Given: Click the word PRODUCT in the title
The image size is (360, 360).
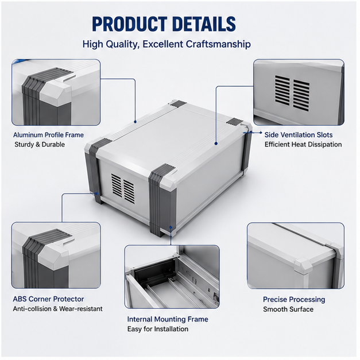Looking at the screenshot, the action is pos(130,24).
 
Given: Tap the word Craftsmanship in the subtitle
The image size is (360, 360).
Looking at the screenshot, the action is pos(218,44).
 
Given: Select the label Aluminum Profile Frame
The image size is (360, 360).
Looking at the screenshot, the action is pos(48,135).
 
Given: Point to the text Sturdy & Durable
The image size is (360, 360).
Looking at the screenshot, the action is pos(40,145).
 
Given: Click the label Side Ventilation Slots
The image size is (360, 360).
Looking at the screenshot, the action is pos(299,135).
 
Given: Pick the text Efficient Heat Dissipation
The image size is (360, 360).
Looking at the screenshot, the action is pos(303,145).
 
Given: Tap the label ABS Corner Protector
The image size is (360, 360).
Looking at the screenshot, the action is pos(48,299).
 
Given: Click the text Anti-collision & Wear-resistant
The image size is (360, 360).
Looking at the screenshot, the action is pos(57,309).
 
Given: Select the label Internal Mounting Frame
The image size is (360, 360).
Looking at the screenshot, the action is pos(168,319).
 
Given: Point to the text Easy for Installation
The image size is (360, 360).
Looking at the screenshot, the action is pos(158,329).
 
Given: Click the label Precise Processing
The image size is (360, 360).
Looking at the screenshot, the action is pos(294,299).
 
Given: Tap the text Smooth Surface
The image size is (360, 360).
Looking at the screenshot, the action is pos(288,309).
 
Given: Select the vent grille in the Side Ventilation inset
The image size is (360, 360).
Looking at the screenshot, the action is pos(292,92).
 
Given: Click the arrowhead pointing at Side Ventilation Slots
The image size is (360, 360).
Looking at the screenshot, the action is pos(260,133).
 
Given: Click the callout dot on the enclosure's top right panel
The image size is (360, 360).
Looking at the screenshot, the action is pos(216,144).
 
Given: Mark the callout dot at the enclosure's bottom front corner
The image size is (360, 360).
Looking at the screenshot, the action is pos(171,227).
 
